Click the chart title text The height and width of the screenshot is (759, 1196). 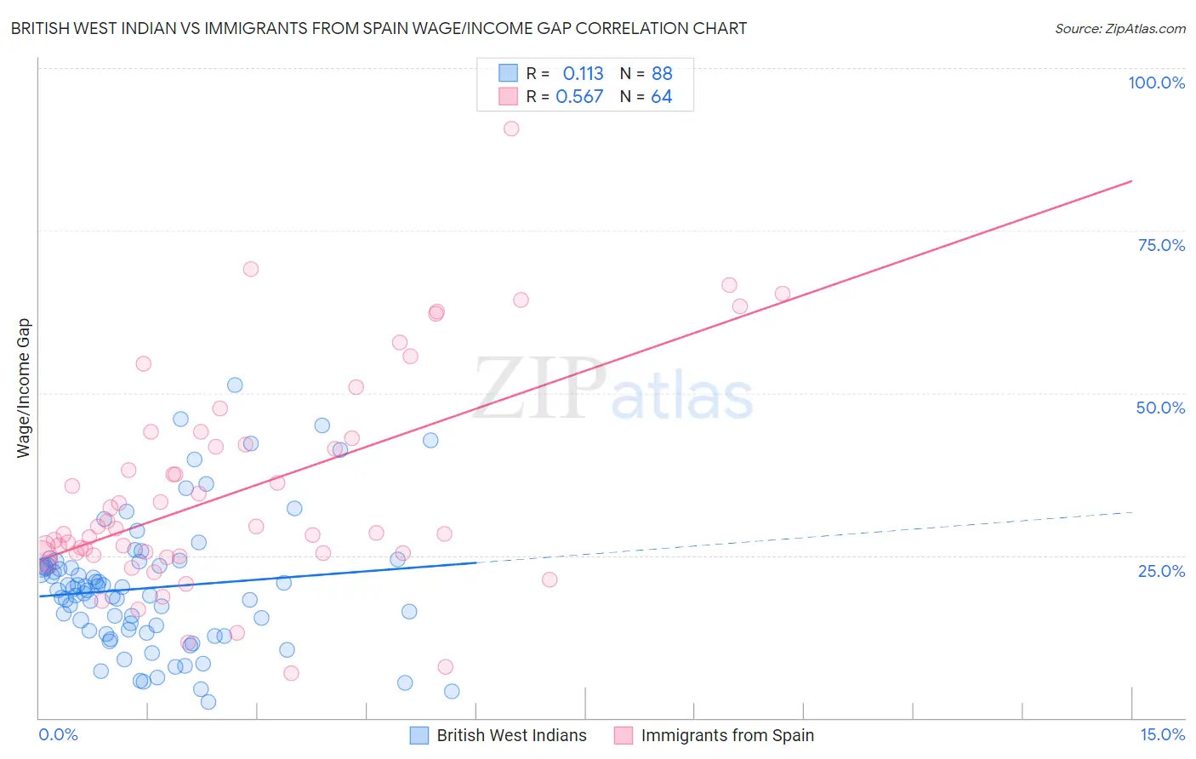tap(379, 28)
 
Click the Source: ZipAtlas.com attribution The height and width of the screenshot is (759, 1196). tap(1119, 28)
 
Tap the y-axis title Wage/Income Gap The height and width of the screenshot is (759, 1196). tap(23, 388)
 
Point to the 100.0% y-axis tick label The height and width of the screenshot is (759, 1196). tap(1156, 83)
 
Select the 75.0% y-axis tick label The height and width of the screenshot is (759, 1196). tap(1161, 245)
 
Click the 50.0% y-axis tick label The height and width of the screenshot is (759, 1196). tap(1160, 408)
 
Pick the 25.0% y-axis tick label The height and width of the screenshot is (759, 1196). tap(1161, 571)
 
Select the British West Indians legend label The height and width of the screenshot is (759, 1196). tap(511, 735)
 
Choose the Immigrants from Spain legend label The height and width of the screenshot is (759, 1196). tap(727, 735)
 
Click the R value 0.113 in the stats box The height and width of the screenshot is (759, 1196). tap(583, 74)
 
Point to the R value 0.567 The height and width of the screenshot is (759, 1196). tap(579, 97)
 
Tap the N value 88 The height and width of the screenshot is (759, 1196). tap(662, 74)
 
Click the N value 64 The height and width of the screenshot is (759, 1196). tap(661, 97)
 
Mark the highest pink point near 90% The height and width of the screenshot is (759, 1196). tap(511, 128)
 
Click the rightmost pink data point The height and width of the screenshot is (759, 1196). tap(783, 294)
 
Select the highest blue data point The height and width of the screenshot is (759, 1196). tap(235, 385)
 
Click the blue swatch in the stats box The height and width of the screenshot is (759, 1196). tap(508, 73)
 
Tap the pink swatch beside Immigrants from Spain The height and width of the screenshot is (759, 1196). tap(624, 735)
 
